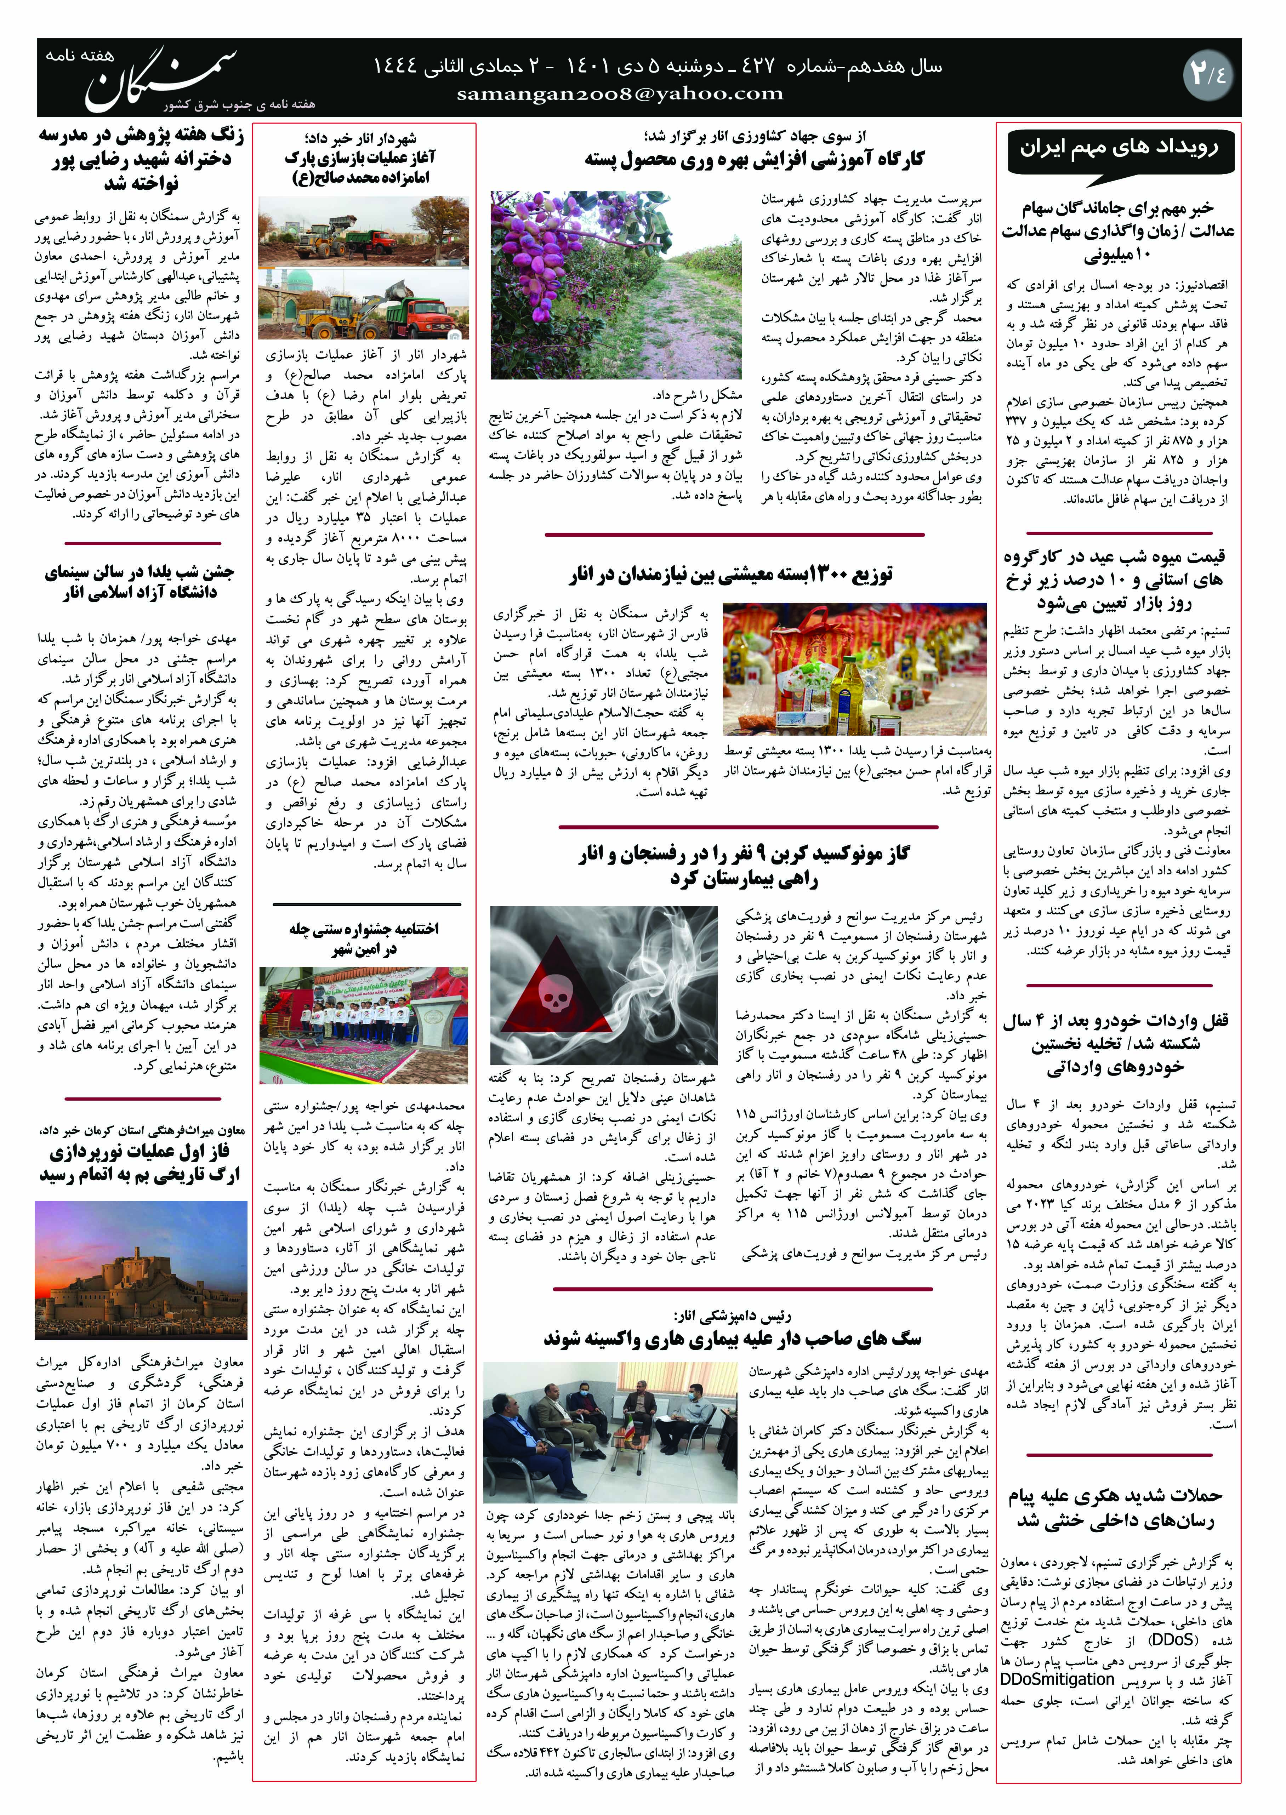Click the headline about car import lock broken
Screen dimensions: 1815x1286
click(x=1116, y=1043)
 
